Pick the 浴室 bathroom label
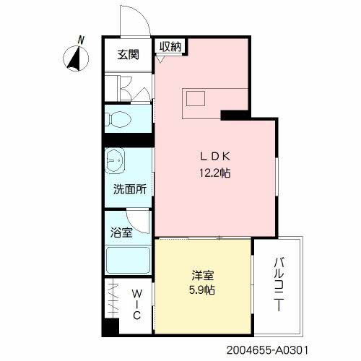click(x=121, y=233)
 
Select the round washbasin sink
click(x=116, y=160)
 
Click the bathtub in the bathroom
click(x=128, y=258)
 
